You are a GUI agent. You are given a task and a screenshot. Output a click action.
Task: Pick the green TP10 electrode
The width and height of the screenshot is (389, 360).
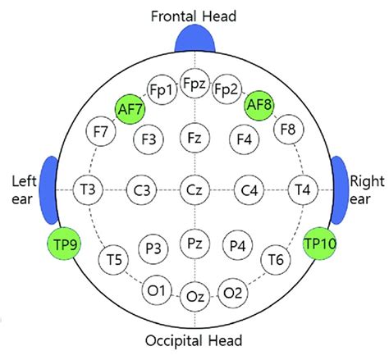[320, 244]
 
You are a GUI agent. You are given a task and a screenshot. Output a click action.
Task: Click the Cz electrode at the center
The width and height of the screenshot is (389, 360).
[194, 191]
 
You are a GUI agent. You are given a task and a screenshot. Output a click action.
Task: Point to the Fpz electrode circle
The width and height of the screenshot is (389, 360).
[194, 84]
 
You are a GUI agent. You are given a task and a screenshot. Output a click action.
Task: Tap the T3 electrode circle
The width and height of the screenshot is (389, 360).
[88, 191]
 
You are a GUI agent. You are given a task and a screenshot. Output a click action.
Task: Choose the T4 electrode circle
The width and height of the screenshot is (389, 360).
[302, 191]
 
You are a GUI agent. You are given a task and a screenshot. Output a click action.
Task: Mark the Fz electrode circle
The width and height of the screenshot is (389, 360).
[194, 137]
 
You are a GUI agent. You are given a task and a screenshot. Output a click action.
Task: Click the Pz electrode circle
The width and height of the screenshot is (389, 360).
[194, 244]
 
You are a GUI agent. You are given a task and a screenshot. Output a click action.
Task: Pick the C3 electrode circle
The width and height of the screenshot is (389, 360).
[141, 191]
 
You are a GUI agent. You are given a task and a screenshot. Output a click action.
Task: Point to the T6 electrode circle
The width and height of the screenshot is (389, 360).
[276, 260]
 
